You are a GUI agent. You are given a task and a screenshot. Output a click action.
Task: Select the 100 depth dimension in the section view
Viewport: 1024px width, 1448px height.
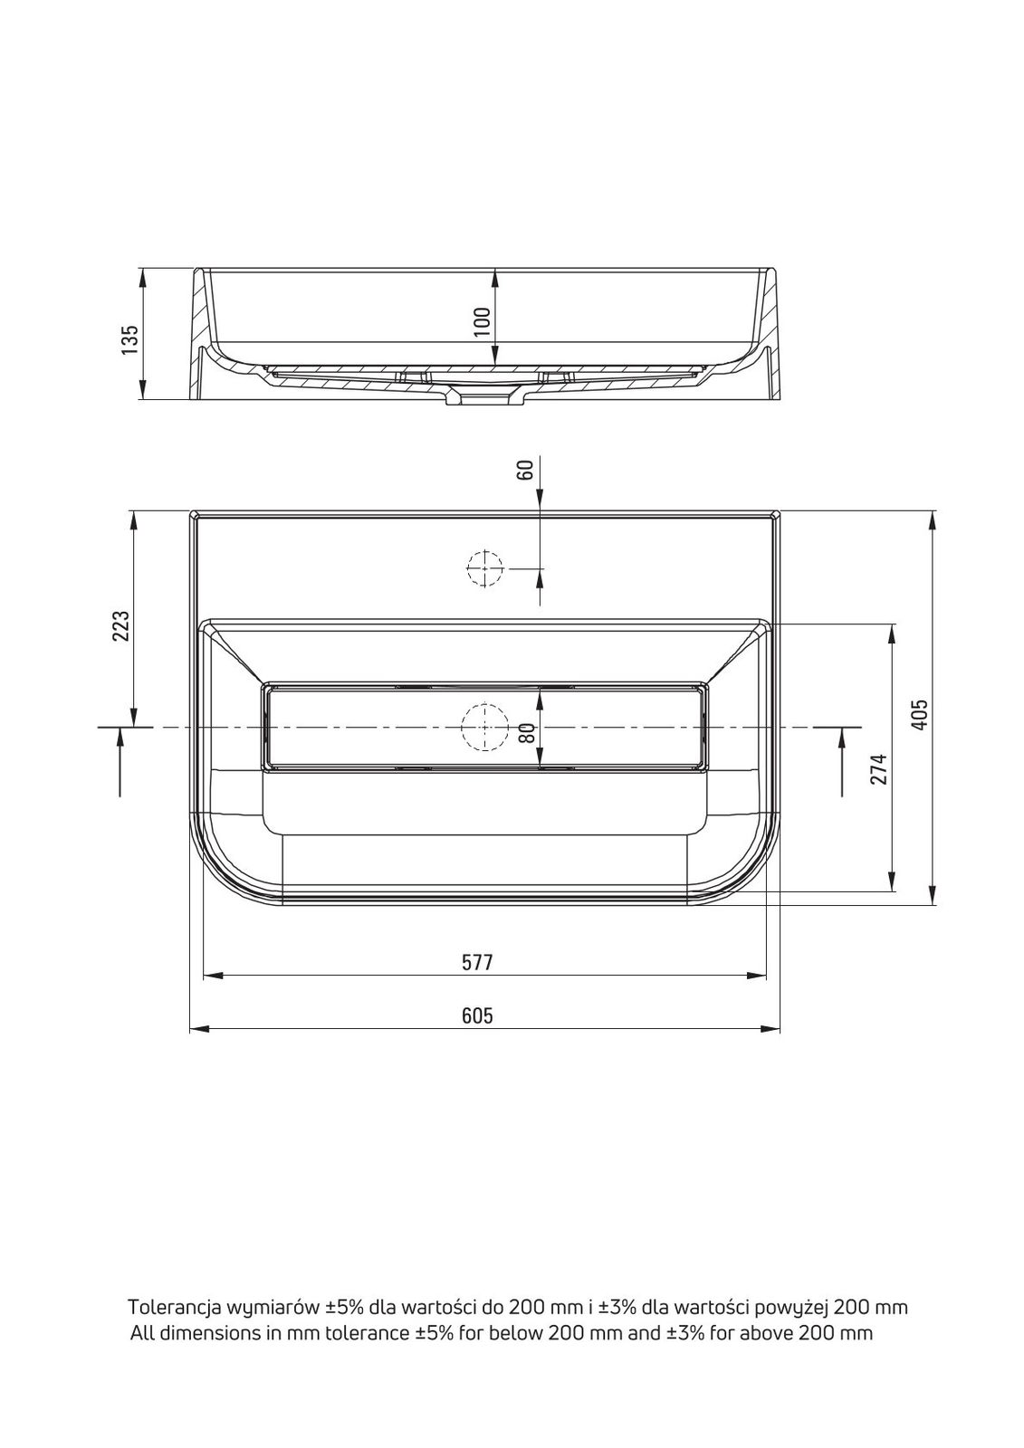[483, 322]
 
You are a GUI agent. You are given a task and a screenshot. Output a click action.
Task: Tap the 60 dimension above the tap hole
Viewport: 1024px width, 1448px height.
[525, 470]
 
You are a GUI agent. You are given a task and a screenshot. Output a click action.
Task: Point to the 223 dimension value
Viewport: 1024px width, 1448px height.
[121, 625]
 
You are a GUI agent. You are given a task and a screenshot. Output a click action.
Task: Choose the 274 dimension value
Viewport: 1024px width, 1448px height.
[878, 768]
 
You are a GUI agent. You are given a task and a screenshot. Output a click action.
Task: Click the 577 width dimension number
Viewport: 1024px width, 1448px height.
[477, 963]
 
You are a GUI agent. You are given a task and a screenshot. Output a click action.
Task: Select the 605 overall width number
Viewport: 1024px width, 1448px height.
[477, 1015]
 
